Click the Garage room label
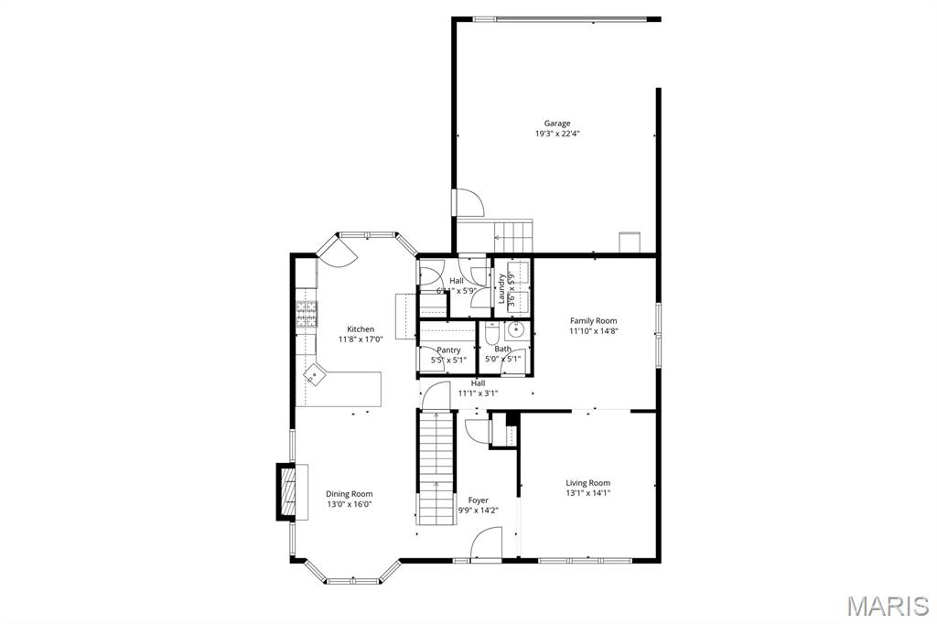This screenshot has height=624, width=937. pos(557,124)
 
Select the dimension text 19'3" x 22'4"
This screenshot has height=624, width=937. pos(557,134)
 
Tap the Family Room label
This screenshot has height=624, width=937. pos(593,321)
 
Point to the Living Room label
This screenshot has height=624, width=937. pos(587,483)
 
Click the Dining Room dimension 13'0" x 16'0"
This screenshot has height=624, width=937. pos(349,504)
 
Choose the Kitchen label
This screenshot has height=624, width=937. pos(360,329)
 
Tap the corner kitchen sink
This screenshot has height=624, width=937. pos(316,373)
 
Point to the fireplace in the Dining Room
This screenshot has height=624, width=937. pos(287,493)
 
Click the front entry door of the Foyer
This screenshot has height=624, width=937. pos(485,548)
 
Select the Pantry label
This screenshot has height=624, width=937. pos(448,350)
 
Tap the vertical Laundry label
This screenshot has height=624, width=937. pos(501,289)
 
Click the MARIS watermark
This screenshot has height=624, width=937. pos(888,606)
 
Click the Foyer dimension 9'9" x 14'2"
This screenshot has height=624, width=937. pos(478,511)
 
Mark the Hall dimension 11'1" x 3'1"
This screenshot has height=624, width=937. pos(478,393)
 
